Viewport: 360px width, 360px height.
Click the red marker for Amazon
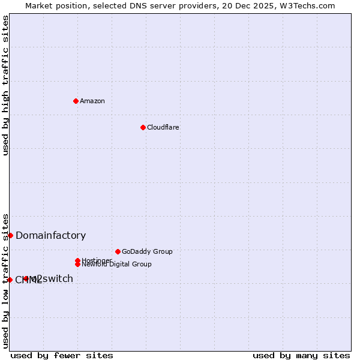[76, 101]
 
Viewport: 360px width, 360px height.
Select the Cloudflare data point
[143, 127]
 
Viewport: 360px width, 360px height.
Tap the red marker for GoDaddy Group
[118, 251]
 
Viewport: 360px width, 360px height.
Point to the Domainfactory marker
[10, 235]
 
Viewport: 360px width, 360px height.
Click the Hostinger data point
[77, 260]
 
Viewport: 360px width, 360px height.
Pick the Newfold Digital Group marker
[77, 264]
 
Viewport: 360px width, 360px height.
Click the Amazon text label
[92, 101]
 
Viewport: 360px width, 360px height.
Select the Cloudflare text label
[163, 127]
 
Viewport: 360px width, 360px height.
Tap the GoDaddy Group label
[147, 251]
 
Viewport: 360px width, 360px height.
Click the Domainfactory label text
[50, 236]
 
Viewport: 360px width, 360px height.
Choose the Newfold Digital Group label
[116, 264]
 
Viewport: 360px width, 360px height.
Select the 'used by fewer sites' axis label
[62, 355]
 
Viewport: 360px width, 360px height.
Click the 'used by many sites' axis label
[301, 355]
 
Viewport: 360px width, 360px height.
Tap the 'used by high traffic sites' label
[5, 85]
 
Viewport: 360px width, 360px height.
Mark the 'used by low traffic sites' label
[5, 281]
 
